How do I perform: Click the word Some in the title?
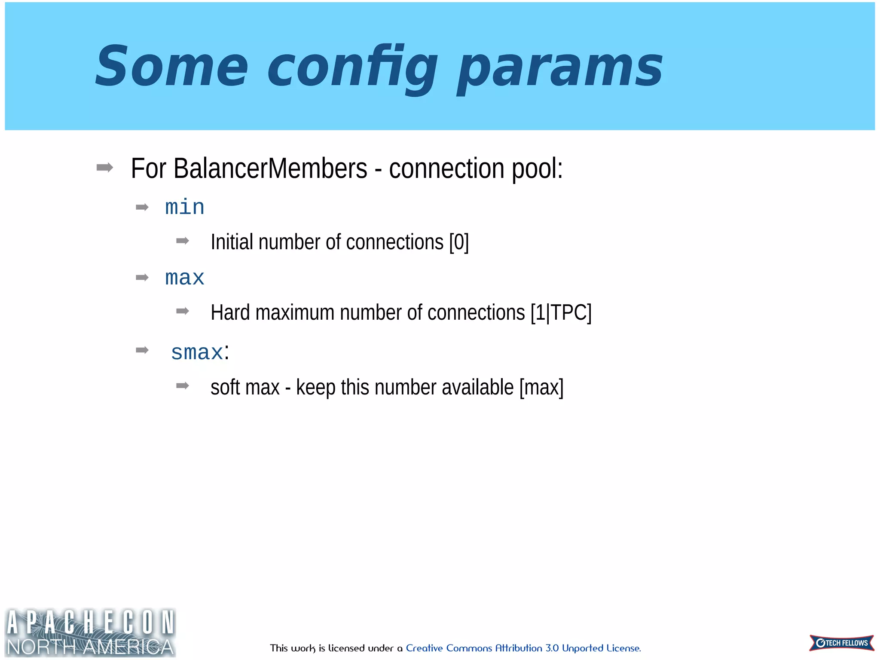click(171, 67)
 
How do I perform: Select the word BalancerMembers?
click(270, 168)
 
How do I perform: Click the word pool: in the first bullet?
click(537, 168)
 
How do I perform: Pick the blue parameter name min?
click(185, 208)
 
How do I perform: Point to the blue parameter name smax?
click(197, 353)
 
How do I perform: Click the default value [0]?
click(459, 242)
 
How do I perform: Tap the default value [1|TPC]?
click(561, 313)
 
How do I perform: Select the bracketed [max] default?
click(541, 388)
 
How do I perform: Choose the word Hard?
click(230, 313)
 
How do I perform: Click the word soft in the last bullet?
click(225, 388)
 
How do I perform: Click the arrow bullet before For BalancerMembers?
click(105, 168)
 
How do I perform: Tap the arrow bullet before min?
click(142, 208)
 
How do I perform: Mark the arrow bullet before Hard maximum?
click(183, 311)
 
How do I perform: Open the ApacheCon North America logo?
click(90, 632)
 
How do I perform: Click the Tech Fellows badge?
click(841, 643)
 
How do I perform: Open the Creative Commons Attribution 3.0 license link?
click(523, 648)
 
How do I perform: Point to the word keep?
click(315, 388)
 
